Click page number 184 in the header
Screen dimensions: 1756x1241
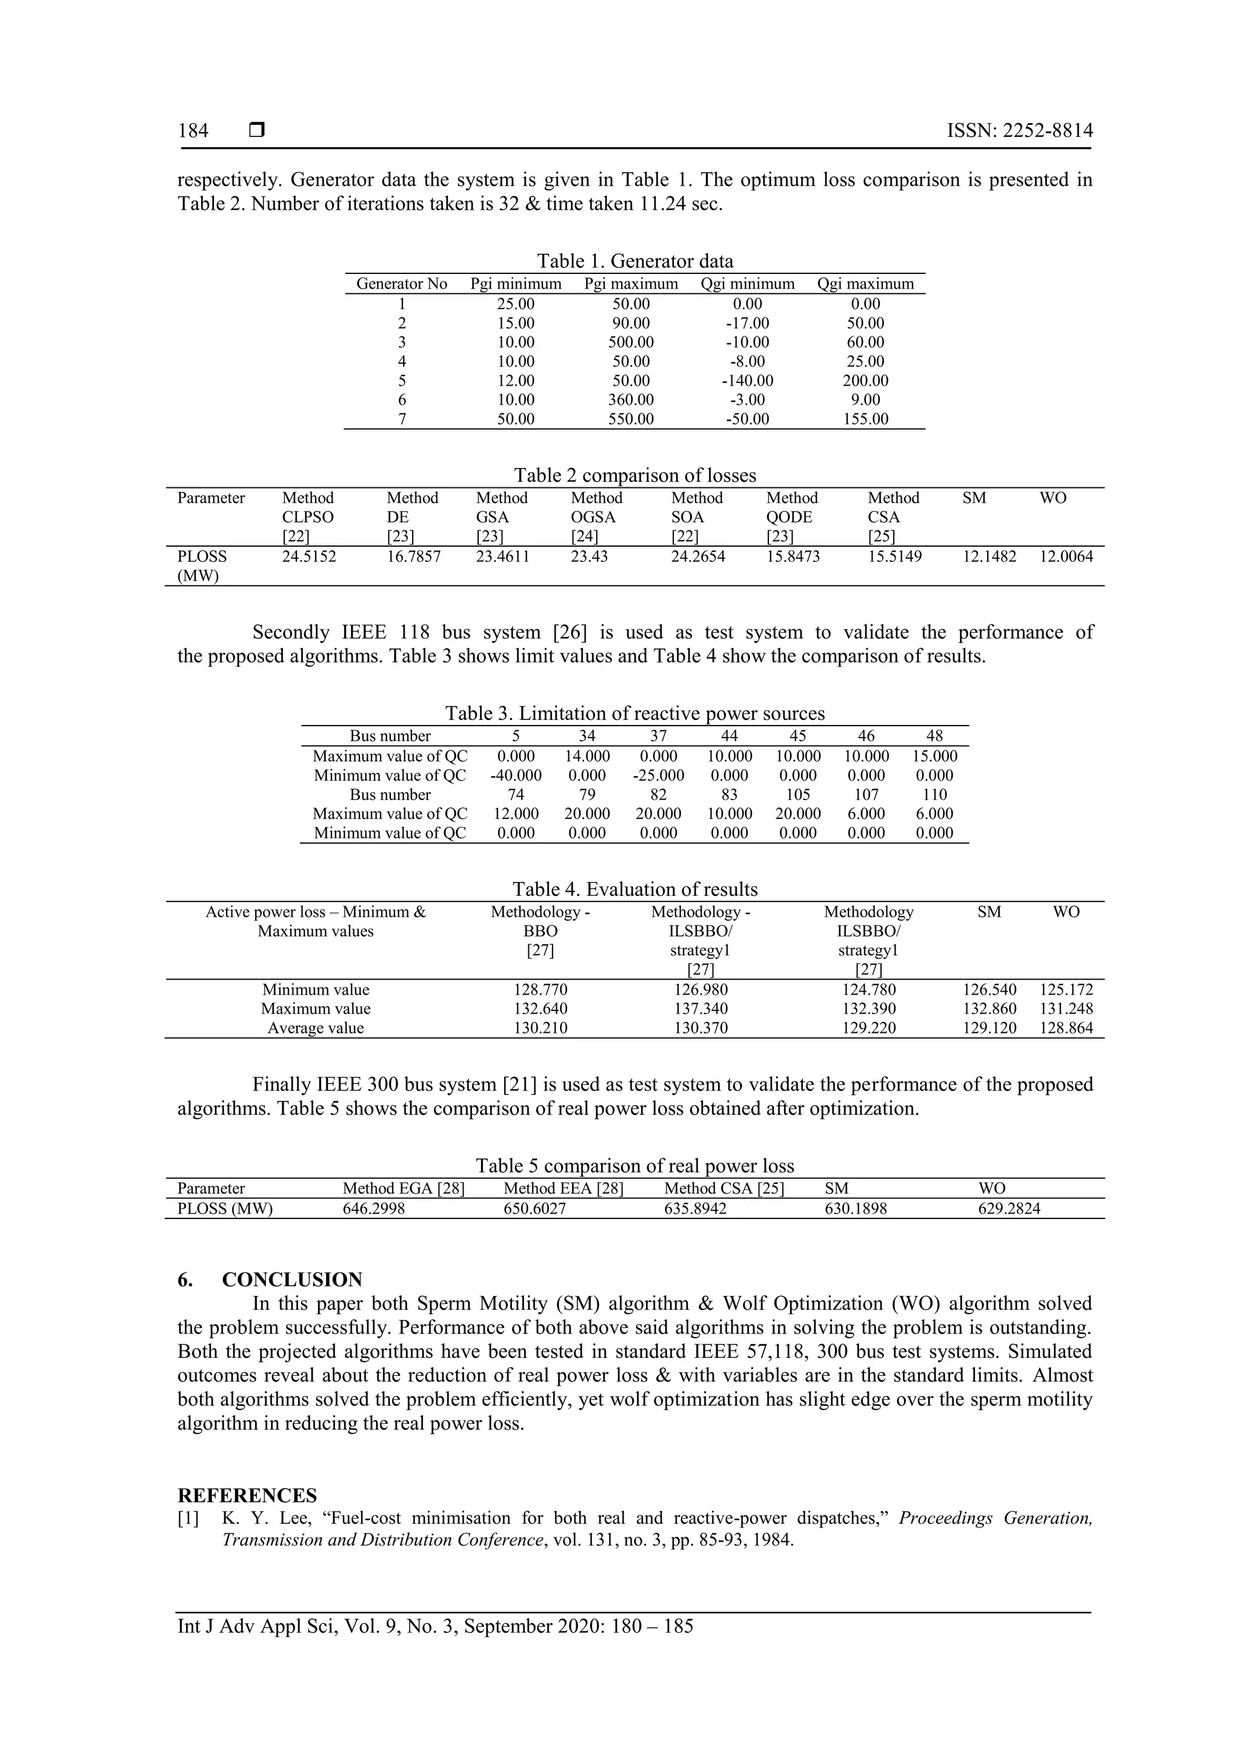click(193, 131)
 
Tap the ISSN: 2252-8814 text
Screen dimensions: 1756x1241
click(1019, 131)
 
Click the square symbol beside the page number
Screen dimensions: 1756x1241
click(257, 131)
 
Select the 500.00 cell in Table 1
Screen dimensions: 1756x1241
click(631, 342)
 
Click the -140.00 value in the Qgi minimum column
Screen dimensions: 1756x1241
click(747, 381)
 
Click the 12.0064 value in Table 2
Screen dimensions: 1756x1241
click(1066, 557)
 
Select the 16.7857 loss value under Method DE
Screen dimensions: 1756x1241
click(414, 557)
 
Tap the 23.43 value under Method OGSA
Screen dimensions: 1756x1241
click(589, 557)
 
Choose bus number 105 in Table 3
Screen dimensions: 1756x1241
click(797, 795)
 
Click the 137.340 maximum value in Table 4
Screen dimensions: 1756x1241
click(700, 1009)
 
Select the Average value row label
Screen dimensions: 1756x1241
click(315, 1029)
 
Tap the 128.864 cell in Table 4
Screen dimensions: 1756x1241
click(1066, 1029)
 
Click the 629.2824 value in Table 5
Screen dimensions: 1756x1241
click(1010, 1209)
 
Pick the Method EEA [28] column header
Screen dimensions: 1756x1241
click(563, 1189)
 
